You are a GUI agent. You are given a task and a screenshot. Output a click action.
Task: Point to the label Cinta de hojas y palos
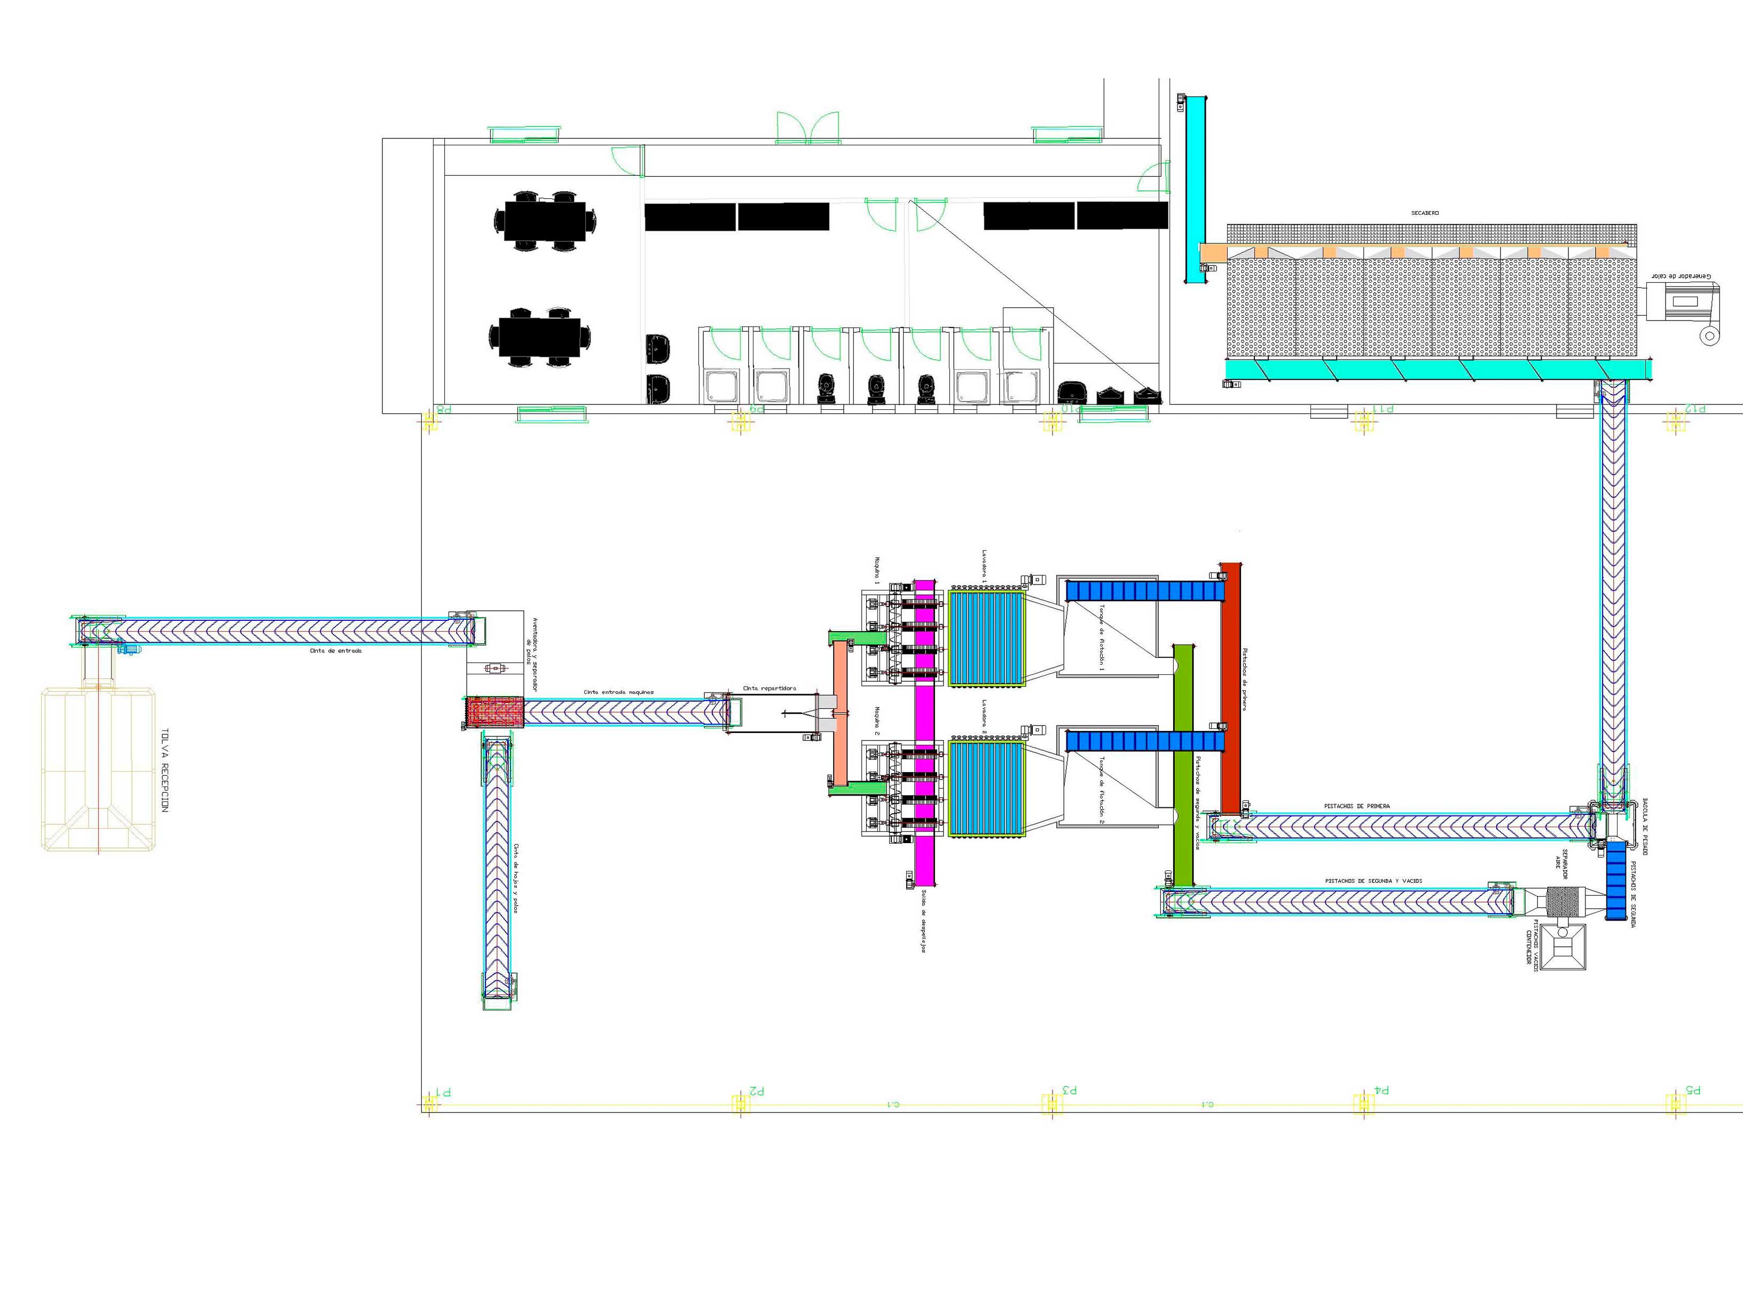tap(516, 877)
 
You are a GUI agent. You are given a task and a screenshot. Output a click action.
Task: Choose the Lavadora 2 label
tap(985, 716)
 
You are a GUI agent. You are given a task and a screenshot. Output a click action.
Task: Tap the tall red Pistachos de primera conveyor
tap(1230, 686)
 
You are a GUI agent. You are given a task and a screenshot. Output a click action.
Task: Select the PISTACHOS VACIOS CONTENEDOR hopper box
tap(1563, 947)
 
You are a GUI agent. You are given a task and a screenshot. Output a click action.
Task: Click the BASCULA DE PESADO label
tap(1645, 826)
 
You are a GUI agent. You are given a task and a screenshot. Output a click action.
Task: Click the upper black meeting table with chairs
tap(545, 220)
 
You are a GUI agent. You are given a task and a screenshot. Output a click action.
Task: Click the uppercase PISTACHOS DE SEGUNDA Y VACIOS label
tap(1373, 881)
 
